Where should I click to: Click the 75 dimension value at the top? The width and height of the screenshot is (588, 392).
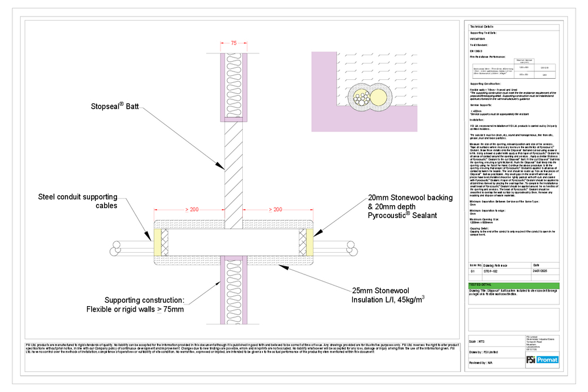[233, 43]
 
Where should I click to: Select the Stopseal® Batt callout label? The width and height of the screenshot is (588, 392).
[115, 106]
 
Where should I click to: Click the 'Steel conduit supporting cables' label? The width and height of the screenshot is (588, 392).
[78, 201]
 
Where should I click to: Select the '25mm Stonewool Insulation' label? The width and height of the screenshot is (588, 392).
[388, 295]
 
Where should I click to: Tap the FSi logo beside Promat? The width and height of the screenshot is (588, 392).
[532, 360]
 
